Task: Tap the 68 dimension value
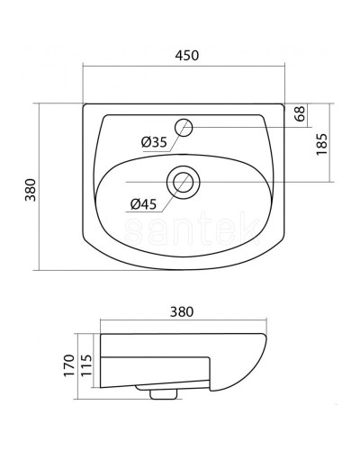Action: pyautogui.click(x=300, y=115)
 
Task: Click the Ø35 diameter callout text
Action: pyautogui.click(x=154, y=140)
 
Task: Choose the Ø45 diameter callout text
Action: pyautogui.click(x=146, y=203)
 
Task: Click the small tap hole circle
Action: pyautogui.click(x=185, y=127)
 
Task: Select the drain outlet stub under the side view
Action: pyautogui.click(x=163, y=392)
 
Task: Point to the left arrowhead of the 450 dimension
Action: pyautogui.click(x=85, y=67)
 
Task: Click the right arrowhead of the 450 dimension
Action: pyautogui.click(x=282, y=67)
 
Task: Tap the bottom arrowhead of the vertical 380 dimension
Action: pyautogui.click(x=41, y=267)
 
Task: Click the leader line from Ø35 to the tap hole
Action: pyautogui.click(x=175, y=135)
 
